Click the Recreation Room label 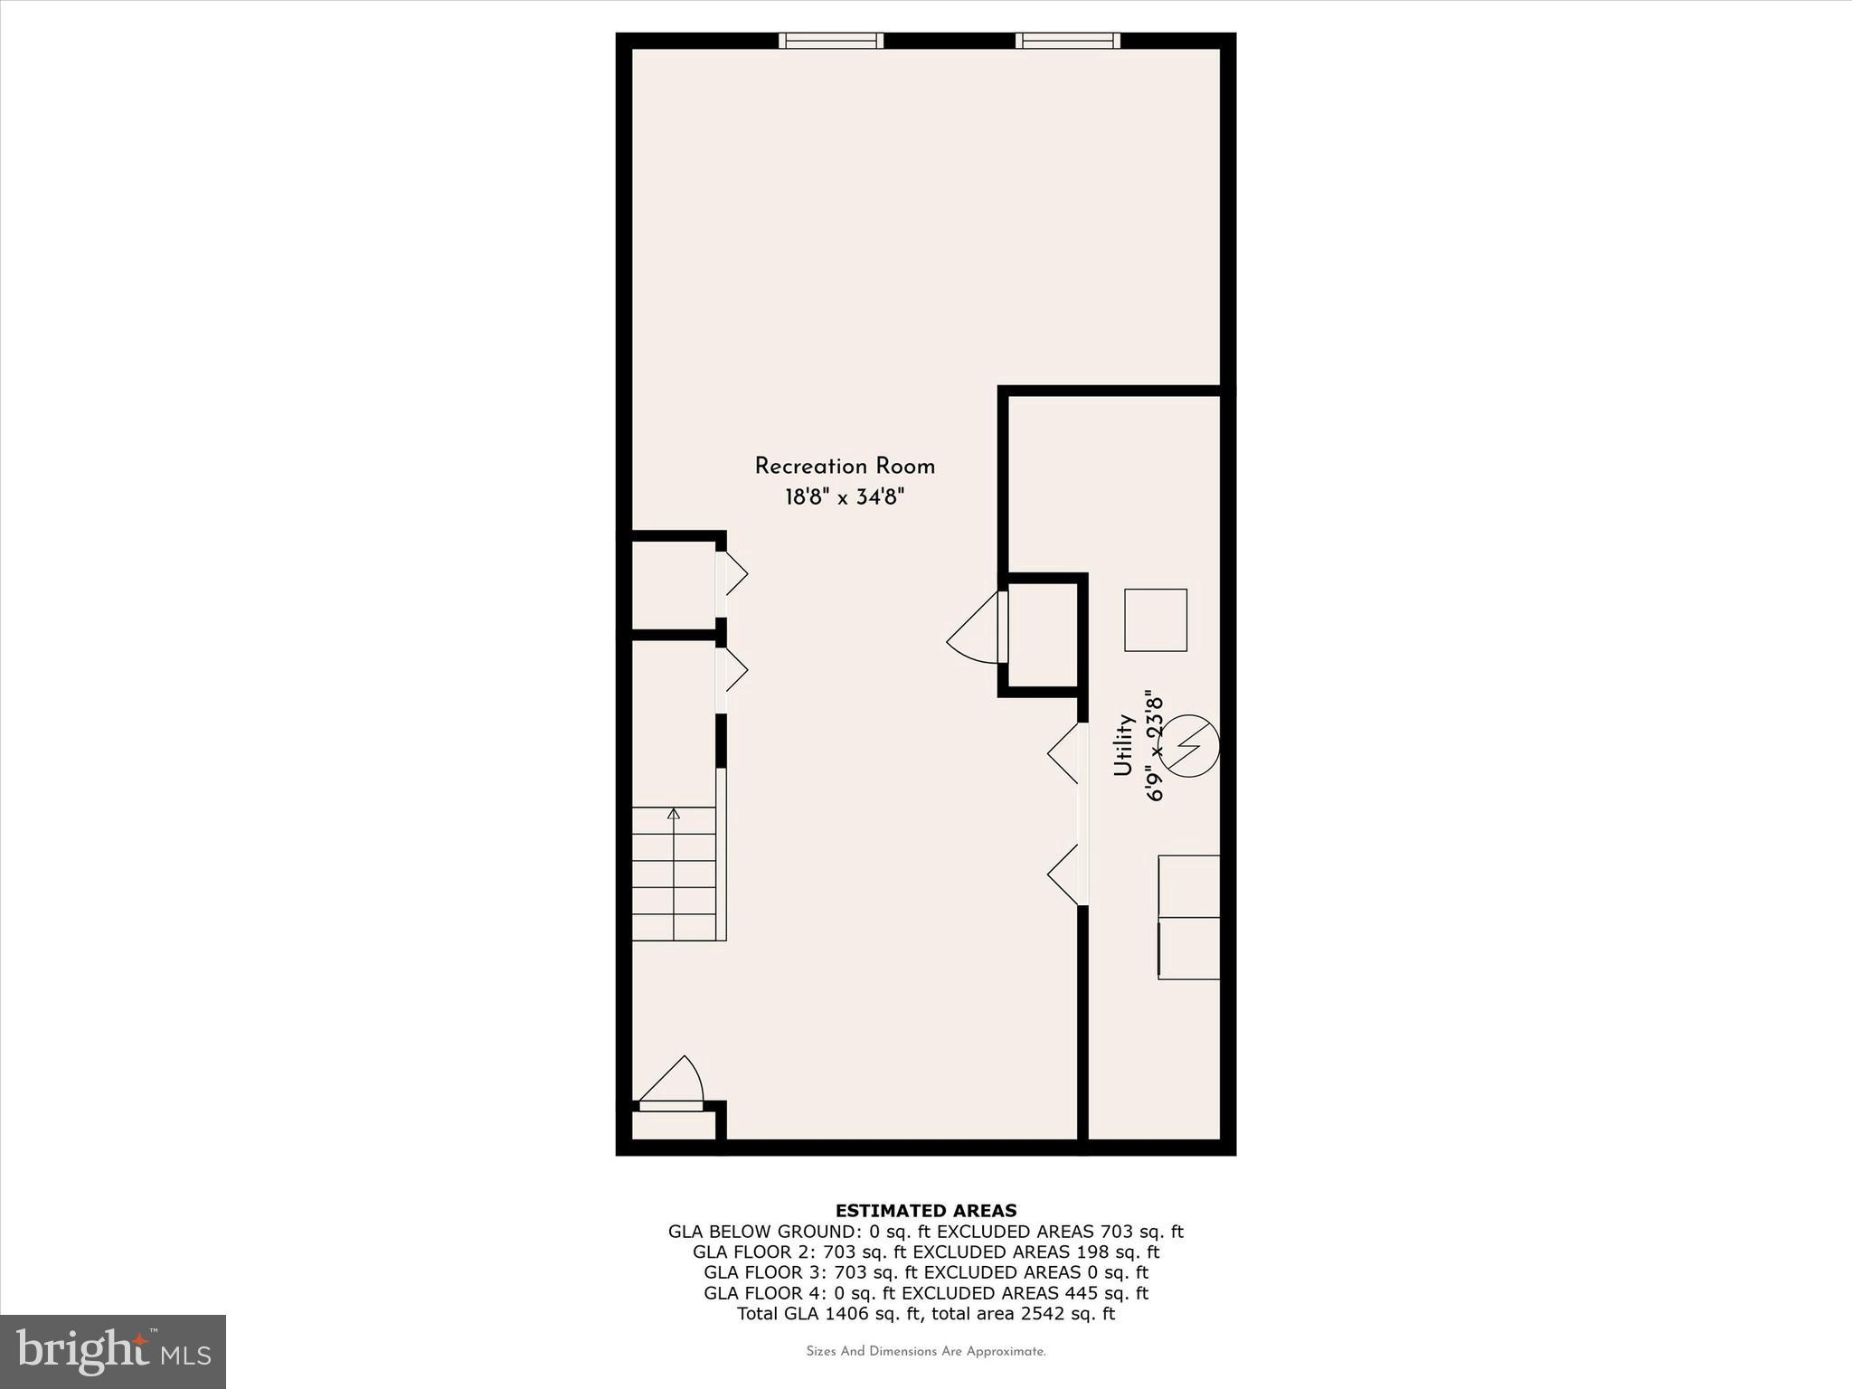pos(845,467)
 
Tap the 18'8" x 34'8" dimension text pos(845,497)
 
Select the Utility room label pos(1123,745)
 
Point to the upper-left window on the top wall pos(831,41)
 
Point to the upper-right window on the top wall pos(1067,41)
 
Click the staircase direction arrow pos(673,814)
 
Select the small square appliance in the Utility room pos(1155,620)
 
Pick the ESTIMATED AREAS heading pos(925,1211)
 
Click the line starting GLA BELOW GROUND pos(925,1232)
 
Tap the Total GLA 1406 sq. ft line pos(925,1314)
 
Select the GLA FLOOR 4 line pos(925,1293)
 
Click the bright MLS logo pos(113,1351)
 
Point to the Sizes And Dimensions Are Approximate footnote pos(925,1352)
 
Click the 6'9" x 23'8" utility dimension pos(1155,748)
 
